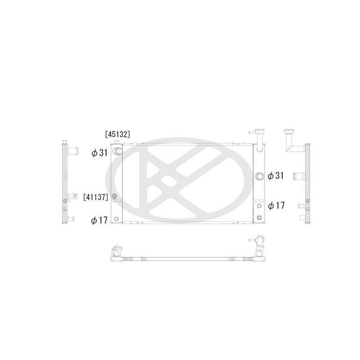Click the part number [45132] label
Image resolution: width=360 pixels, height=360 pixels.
[x=117, y=134]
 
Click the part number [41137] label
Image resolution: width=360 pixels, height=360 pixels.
[x=95, y=197]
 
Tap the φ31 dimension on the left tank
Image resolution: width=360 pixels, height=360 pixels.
[x=99, y=153]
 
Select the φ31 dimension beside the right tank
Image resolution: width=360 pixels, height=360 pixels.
[x=275, y=175]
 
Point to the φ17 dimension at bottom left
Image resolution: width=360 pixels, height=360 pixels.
[x=99, y=220]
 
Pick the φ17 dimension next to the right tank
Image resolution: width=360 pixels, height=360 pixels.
[x=276, y=206]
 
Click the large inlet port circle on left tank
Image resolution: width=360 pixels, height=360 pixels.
[x=118, y=151]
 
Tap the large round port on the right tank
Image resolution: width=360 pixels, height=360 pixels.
[x=259, y=176]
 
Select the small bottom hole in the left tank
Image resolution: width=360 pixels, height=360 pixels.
[x=116, y=219]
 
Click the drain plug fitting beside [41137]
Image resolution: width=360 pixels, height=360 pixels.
[x=114, y=196]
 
